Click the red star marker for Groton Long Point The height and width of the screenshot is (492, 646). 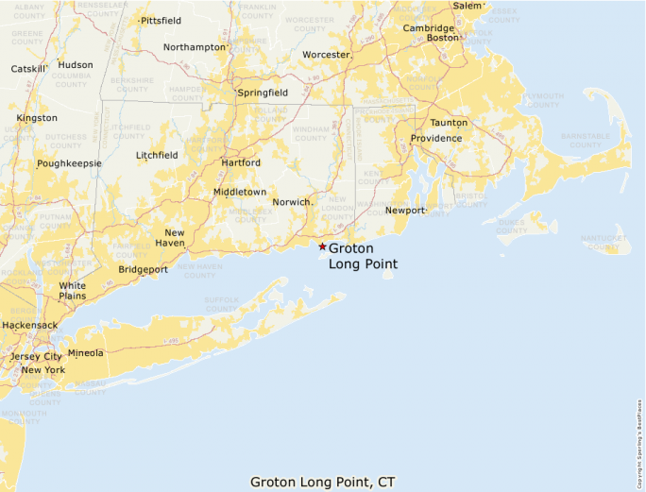322,247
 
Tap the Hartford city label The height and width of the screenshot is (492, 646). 240,162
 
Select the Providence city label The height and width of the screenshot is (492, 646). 435,138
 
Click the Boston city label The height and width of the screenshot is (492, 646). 442,38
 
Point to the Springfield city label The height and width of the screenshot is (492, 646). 263,93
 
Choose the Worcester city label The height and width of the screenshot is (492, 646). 326,55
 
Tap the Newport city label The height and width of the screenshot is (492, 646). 405,210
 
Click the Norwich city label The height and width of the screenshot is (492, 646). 291,202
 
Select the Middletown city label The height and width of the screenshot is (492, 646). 240,192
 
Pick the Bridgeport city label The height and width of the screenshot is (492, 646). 143,269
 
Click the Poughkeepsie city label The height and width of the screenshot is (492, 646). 69,163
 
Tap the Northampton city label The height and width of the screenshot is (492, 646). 195,46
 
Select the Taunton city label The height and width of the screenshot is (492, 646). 449,123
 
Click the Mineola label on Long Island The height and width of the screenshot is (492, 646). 86,353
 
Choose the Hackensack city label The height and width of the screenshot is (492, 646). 29,325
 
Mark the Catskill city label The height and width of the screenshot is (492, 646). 27,69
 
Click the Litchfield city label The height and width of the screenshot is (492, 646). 157,155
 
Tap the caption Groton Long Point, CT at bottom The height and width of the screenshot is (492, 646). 322,482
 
